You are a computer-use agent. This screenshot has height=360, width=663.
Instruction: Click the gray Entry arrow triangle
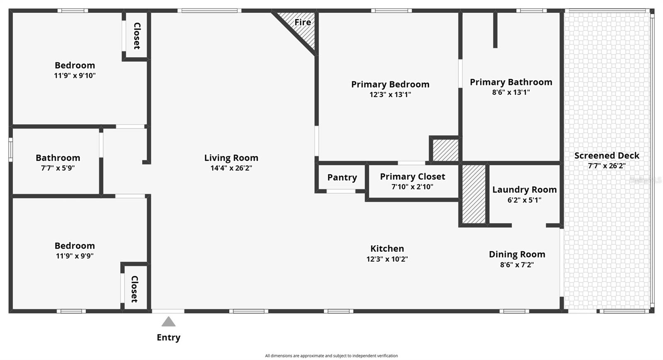(168, 322)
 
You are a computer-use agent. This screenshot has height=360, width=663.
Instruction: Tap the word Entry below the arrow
(168, 338)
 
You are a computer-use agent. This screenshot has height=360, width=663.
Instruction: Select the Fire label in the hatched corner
(302, 22)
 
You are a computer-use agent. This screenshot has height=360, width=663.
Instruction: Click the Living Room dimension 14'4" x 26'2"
(231, 168)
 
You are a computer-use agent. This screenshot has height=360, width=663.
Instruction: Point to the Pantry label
(342, 178)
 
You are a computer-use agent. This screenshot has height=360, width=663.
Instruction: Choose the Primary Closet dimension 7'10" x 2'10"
(412, 187)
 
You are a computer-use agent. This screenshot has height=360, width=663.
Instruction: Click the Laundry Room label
(524, 190)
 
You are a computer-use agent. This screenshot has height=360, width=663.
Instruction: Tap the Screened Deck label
(607, 156)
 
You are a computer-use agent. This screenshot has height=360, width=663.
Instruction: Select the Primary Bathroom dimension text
(511, 92)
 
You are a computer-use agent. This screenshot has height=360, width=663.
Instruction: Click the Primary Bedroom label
(390, 85)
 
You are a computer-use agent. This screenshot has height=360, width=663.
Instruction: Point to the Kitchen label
(387, 249)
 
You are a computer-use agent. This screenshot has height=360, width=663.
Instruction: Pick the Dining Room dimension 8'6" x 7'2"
(517, 265)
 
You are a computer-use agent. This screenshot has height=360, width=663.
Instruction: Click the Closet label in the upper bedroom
(137, 36)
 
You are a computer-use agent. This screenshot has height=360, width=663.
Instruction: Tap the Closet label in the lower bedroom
(134, 289)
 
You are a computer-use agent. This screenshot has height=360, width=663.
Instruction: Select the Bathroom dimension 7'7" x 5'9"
(58, 168)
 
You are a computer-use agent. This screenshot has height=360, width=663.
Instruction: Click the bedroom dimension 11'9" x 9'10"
(75, 76)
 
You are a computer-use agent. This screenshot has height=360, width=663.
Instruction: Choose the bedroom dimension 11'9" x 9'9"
(75, 256)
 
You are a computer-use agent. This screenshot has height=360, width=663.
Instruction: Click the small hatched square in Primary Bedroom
(445, 150)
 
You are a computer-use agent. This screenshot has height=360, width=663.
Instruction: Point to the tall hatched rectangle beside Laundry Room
(474, 194)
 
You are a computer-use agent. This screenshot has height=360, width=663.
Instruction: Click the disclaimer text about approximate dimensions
(331, 356)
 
